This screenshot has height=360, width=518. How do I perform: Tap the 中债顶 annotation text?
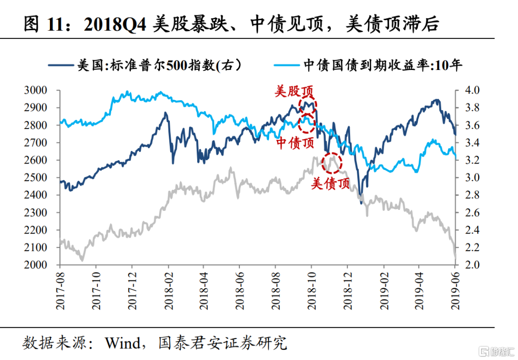click(x=295, y=142)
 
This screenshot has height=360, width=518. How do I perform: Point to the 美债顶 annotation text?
click(x=330, y=183)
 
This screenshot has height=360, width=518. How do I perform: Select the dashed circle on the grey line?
click(x=331, y=163)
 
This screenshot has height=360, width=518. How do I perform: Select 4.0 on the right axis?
click(x=467, y=90)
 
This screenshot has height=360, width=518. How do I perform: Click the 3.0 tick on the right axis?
click(x=467, y=177)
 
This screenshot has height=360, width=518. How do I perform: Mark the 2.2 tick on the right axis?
click(x=467, y=247)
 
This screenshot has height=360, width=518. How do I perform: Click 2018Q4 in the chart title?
click(x=116, y=24)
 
